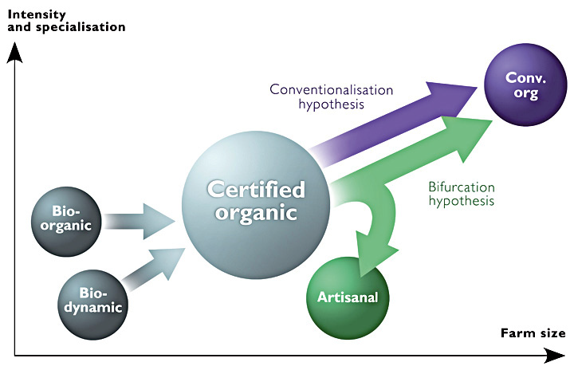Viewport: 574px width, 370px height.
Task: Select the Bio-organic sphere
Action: pyautogui.click(x=68, y=218)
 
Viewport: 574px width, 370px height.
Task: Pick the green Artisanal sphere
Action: pyautogui.click(x=347, y=297)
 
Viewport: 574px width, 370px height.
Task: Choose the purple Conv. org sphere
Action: pyautogui.click(x=522, y=85)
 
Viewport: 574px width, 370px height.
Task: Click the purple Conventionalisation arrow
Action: pyautogui.click(x=399, y=120)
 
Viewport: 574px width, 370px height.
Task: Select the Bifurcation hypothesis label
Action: pyautogui.click(x=461, y=194)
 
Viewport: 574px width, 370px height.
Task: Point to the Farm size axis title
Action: pyautogui.click(x=533, y=333)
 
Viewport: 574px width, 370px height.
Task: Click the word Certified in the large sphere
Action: pyautogui.click(x=256, y=190)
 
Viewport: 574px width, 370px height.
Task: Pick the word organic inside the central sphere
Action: pyautogui.click(x=256, y=213)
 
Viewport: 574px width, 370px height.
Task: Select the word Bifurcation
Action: pyautogui.click(x=461, y=187)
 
